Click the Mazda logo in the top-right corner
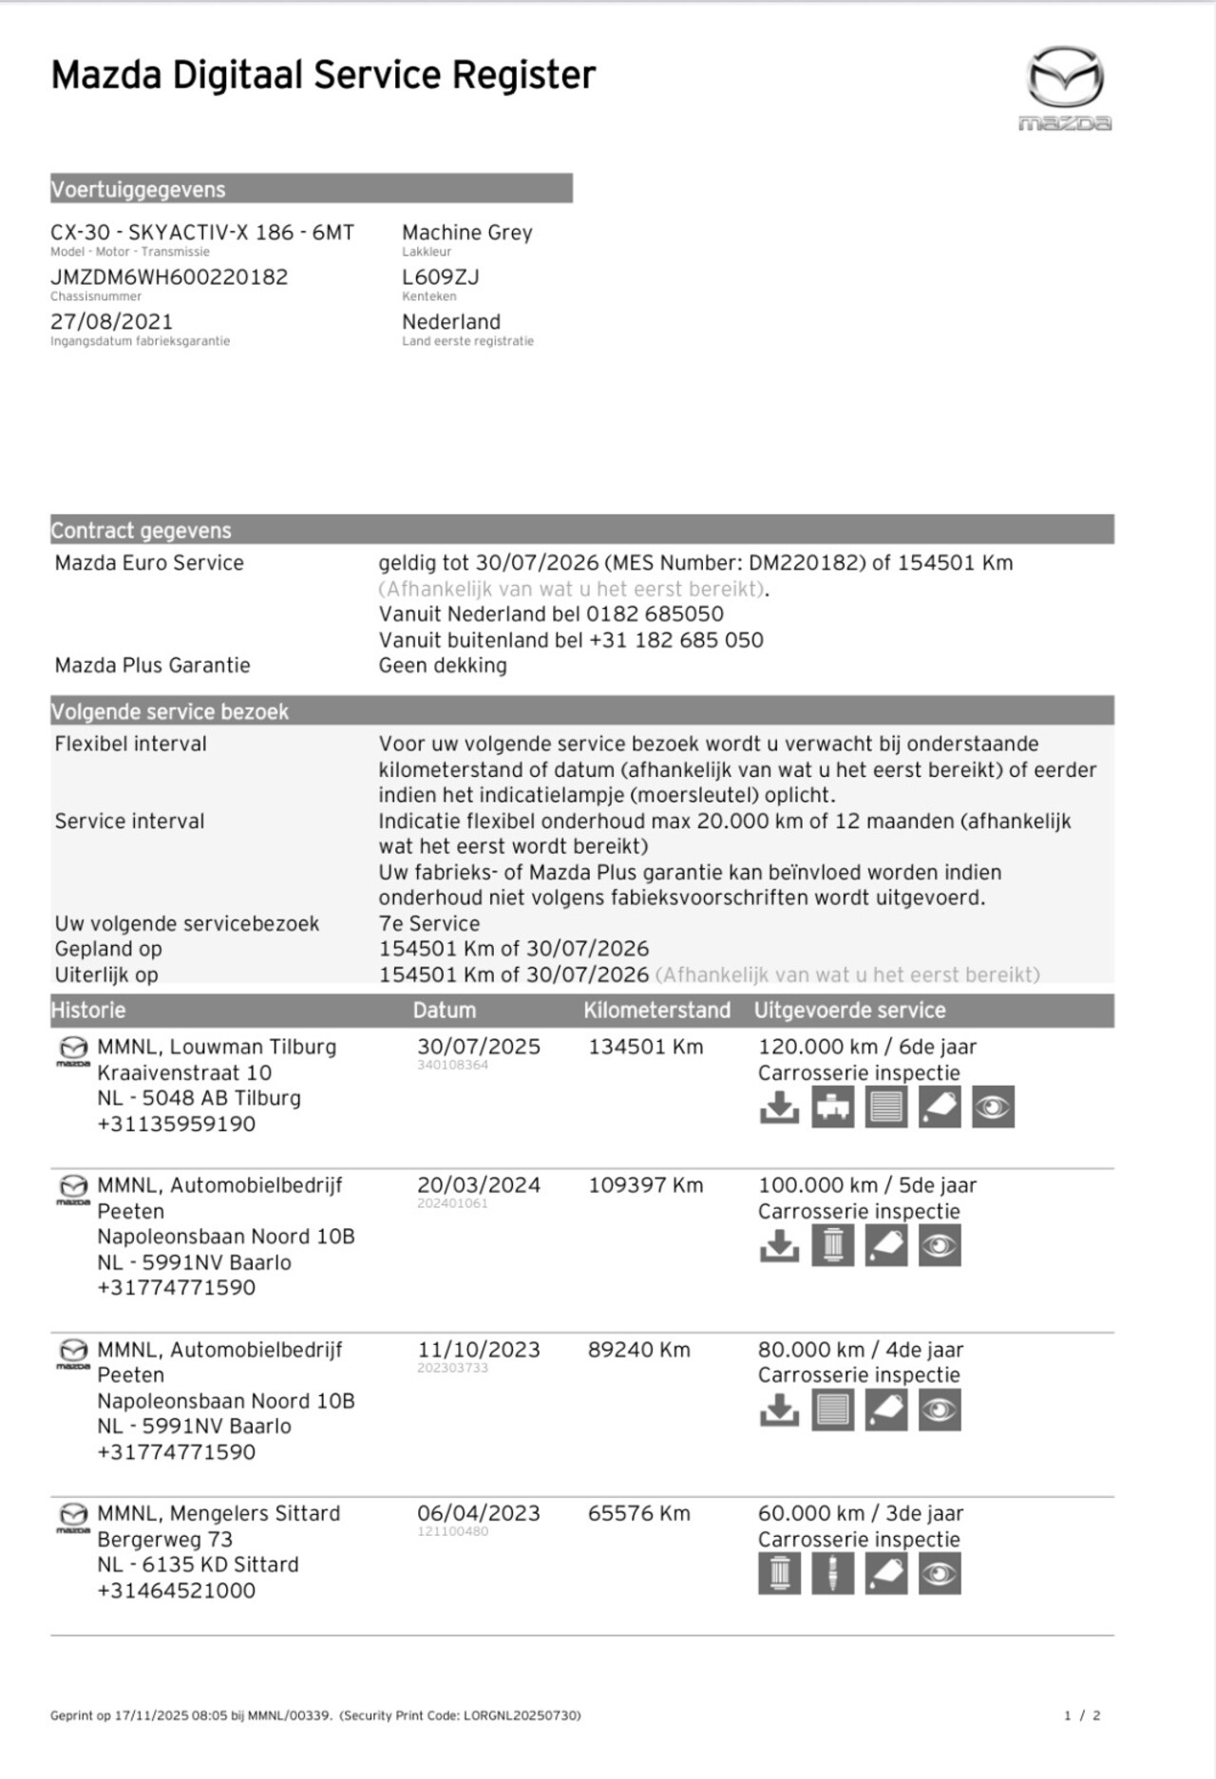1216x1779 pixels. click(x=1065, y=87)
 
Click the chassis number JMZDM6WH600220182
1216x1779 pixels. click(x=169, y=277)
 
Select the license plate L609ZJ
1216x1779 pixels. click(x=440, y=277)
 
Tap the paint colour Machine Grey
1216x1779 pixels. click(x=466, y=233)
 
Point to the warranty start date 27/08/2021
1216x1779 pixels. click(x=111, y=322)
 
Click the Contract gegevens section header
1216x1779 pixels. click(x=141, y=530)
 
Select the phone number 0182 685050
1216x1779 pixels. click(x=655, y=615)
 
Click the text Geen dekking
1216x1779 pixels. click(x=443, y=666)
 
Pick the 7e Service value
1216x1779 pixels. click(x=428, y=923)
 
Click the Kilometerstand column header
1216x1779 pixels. click(x=656, y=1011)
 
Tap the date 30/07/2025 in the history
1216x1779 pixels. click(x=478, y=1047)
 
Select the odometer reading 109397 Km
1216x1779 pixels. click(x=645, y=1185)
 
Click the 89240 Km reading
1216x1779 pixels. click(x=638, y=1350)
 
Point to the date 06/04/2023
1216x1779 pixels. click(x=478, y=1513)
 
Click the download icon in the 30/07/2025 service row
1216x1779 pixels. click(x=779, y=1107)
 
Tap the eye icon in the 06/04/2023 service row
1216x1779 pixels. click(x=940, y=1575)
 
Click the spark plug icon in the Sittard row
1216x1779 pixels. click(x=832, y=1575)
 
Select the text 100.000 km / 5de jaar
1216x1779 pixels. click(x=866, y=1185)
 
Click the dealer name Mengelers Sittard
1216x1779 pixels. click(x=255, y=1513)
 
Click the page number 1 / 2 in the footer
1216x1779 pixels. click(x=1082, y=1715)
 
